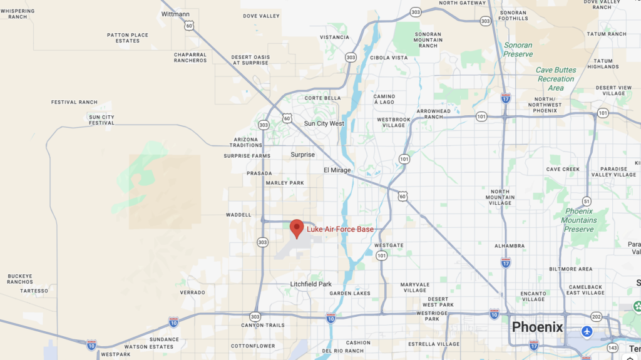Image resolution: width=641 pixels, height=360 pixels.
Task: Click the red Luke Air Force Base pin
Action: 297,228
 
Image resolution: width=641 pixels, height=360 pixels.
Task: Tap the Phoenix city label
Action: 537,327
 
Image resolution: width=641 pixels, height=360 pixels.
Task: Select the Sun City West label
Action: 324,123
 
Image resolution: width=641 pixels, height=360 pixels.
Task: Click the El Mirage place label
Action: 337,170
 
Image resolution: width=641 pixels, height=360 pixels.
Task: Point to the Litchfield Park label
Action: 311,284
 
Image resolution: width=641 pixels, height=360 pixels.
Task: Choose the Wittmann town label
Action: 175,14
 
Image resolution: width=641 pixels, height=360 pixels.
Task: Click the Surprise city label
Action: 302,155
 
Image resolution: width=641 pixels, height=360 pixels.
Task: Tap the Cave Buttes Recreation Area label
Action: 555,79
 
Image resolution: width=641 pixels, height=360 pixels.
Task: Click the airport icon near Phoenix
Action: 587,331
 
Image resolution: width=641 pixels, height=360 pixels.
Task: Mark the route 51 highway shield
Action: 586,201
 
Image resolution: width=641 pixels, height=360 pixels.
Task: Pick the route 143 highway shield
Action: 612,347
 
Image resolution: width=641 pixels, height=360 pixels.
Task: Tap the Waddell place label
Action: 238,214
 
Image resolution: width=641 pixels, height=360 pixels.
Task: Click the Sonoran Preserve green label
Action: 518,49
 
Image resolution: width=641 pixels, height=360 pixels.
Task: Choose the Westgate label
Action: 388,245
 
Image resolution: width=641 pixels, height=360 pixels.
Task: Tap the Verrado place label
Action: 192,292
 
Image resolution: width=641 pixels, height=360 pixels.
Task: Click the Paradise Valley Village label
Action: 613,172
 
